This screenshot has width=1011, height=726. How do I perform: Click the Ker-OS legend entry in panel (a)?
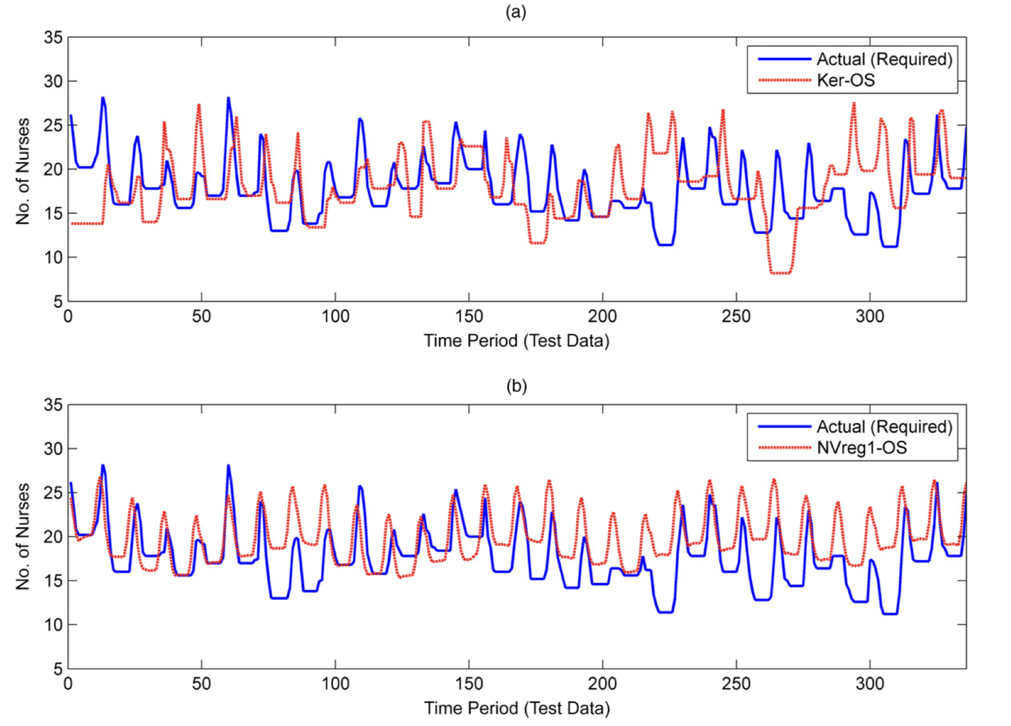[x=845, y=81]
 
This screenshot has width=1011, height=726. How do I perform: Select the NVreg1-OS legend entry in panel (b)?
[x=861, y=448]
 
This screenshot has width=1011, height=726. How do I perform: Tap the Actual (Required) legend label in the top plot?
[x=884, y=59]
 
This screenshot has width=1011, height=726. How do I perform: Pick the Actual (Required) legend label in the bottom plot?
[x=884, y=427]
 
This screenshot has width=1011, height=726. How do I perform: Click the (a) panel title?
[x=516, y=12]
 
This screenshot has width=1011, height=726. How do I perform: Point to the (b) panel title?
[x=516, y=386]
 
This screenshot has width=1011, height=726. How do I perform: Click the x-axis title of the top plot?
[x=516, y=341]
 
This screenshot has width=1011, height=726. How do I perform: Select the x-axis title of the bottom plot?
[x=516, y=708]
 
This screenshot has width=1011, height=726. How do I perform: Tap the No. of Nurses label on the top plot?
[x=23, y=171]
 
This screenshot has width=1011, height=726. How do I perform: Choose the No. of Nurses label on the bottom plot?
[x=23, y=537]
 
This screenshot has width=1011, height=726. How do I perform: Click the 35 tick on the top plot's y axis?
[x=53, y=38]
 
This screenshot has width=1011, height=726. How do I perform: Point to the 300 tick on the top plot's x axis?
[x=870, y=316]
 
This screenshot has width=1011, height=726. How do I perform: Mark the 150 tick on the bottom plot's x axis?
[x=469, y=683]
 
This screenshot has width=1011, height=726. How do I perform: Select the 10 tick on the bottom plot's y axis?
[x=53, y=625]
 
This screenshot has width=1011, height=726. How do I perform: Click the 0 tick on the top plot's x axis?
[x=69, y=316]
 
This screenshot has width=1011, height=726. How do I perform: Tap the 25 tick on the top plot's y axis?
[x=53, y=126]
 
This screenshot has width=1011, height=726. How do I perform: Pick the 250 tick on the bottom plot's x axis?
[x=736, y=683]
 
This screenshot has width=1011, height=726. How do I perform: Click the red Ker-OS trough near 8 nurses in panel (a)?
[x=780, y=273]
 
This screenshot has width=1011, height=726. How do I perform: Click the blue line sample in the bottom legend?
[x=784, y=427]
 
